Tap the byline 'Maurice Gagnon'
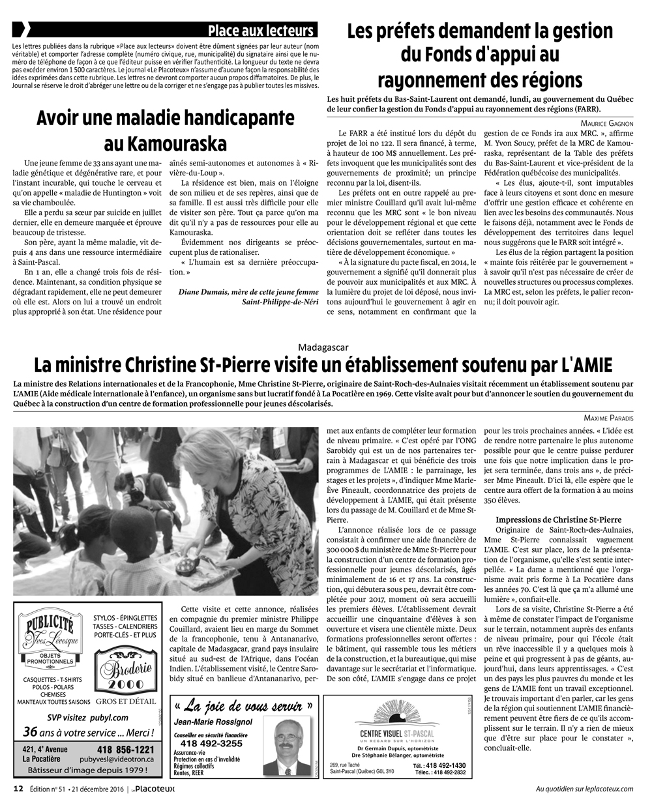[606, 123]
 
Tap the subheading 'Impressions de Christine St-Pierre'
[558, 520]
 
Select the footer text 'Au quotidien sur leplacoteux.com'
[584, 789]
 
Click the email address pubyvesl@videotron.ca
[117, 759]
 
